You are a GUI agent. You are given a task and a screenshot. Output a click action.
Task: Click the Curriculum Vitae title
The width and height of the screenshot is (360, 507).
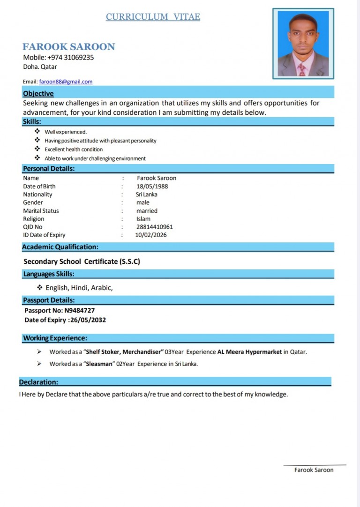(153, 17)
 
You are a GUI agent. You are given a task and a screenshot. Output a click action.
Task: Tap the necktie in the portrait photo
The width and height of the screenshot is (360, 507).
(302, 70)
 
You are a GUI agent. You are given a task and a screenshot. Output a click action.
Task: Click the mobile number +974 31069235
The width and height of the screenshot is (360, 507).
(70, 58)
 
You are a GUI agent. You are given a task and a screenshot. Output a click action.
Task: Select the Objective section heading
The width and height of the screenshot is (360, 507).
(38, 94)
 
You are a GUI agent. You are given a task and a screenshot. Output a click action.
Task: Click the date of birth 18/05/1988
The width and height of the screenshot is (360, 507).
(152, 186)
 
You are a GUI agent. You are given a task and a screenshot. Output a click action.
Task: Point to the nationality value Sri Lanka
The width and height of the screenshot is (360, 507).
(147, 194)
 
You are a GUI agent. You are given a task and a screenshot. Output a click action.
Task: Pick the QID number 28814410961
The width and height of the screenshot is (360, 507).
(155, 227)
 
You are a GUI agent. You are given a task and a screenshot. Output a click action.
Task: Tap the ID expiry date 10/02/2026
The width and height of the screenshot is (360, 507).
(151, 235)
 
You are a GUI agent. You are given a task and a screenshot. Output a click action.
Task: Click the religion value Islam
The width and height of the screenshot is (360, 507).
(143, 219)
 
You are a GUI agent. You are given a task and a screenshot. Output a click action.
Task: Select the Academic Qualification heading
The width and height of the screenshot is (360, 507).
(60, 247)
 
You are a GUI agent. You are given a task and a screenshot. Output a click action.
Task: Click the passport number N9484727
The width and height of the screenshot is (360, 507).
(80, 310)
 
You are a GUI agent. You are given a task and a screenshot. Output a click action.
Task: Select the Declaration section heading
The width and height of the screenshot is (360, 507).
(38, 382)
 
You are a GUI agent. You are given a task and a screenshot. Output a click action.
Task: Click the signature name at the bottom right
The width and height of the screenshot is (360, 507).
(314, 470)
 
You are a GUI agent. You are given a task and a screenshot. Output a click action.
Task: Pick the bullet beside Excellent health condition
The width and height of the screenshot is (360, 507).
(37, 149)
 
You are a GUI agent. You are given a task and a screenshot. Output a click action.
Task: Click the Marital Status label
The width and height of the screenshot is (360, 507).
(41, 211)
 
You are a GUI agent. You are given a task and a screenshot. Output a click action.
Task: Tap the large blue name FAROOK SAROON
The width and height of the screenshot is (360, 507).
(69, 47)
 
